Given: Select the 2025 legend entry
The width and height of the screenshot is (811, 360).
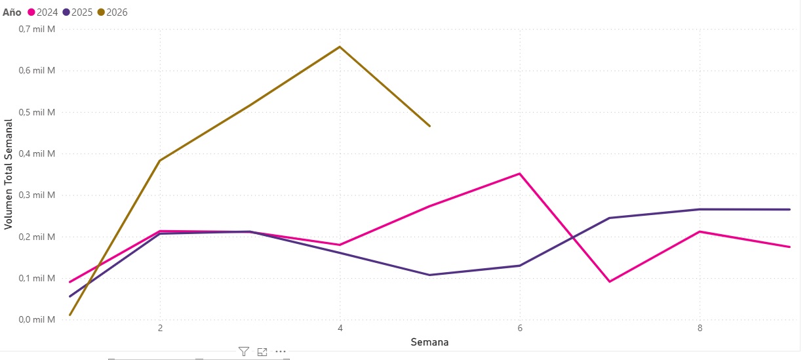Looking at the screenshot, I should (x=78, y=12).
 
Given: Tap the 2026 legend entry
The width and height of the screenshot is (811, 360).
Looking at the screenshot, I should (x=113, y=12).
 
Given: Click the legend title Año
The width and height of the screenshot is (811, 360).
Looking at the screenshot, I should (x=12, y=12).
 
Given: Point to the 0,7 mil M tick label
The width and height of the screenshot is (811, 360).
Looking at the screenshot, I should (x=37, y=30).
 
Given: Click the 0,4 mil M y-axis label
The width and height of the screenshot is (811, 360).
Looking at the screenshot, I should (x=37, y=153).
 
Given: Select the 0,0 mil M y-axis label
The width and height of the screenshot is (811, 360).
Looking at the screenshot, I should (x=37, y=319).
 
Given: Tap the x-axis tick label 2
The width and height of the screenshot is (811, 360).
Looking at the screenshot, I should (x=160, y=328).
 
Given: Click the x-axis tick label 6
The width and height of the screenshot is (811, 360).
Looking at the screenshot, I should (x=520, y=328).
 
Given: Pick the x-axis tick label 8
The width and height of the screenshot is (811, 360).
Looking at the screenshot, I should (x=700, y=328).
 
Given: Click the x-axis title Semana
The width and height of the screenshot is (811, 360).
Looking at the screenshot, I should (x=429, y=342).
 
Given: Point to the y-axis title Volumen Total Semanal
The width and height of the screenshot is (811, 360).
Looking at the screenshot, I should (x=9, y=174).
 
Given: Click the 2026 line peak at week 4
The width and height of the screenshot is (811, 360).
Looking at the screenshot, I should (x=340, y=47).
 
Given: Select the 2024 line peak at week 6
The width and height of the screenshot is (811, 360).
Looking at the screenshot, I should (x=520, y=174).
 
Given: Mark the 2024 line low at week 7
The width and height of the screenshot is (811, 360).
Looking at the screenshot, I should (x=610, y=281).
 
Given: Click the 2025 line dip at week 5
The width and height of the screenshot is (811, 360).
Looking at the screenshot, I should (x=429, y=275).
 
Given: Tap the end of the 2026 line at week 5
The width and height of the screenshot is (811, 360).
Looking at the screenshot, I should (x=429, y=125).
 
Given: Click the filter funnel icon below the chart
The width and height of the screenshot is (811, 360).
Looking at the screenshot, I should (x=244, y=352).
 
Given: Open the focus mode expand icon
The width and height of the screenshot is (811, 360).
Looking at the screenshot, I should (x=262, y=352).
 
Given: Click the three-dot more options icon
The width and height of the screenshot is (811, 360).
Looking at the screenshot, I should (x=281, y=352).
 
